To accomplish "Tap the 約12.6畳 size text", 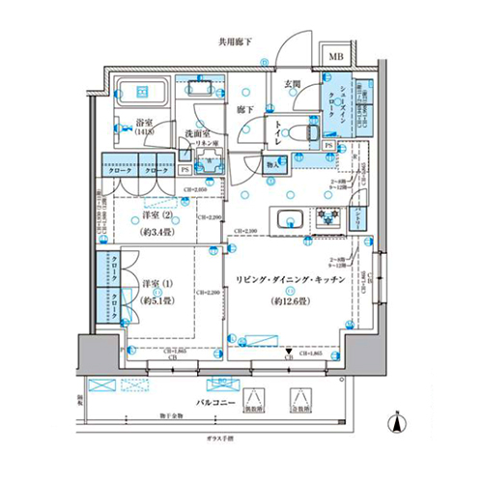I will tap(290, 298).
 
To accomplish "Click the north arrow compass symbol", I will tap(397, 420).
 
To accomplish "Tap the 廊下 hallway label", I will tap(245, 110).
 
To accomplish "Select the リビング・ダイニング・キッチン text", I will tap(290, 281).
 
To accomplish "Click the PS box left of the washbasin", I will tap(184, 168).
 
